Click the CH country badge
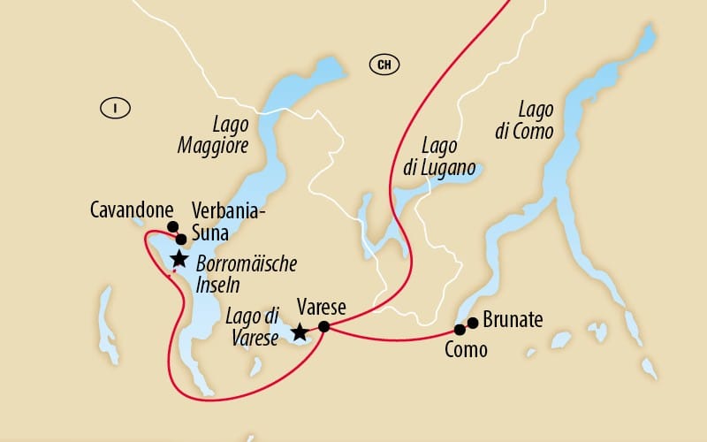383,64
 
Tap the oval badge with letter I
115,108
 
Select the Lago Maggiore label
224,135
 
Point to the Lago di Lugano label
449,156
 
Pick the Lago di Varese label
253,325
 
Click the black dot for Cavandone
173,226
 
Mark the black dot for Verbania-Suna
181,239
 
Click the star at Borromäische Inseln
179,258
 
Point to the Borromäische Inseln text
246,274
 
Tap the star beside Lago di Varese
300,332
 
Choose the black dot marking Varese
323,326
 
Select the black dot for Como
460,330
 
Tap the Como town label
466,350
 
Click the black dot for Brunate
473,322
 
